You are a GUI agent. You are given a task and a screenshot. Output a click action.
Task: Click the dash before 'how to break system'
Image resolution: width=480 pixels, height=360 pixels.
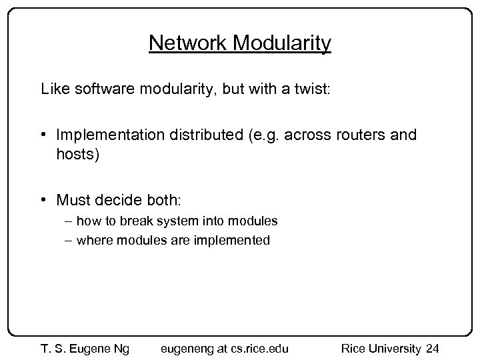point(69,221)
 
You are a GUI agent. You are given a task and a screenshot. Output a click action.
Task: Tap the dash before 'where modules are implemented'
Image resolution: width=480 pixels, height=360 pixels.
point(69,241)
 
